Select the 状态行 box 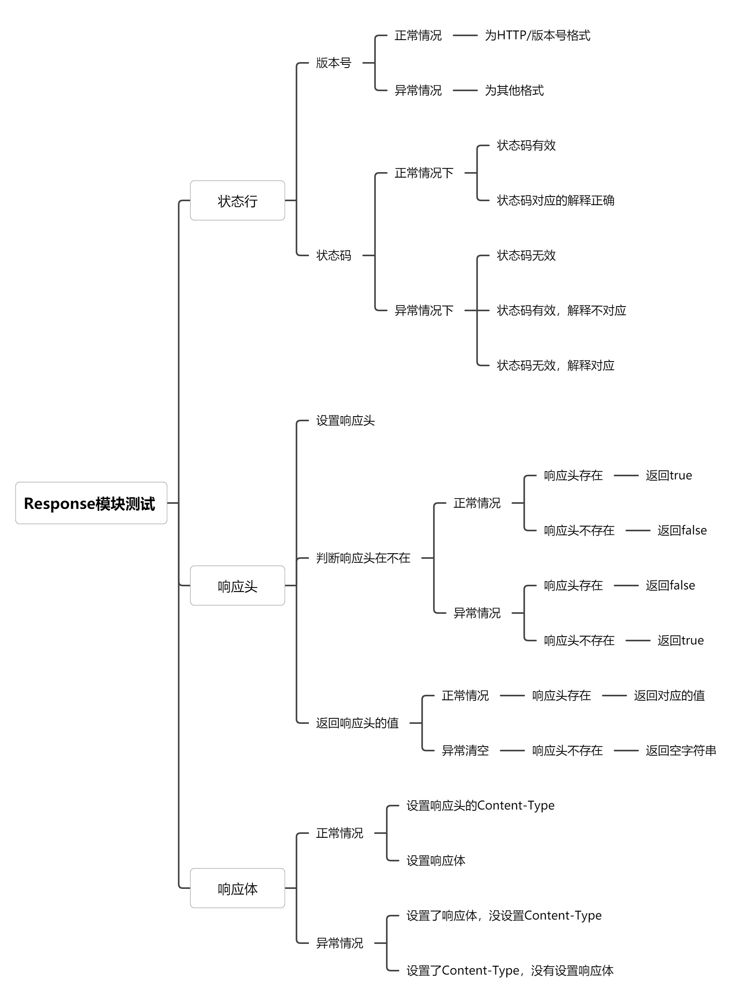(x=238, y=200)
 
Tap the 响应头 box (x=238, y=586)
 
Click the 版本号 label (x=333, y=62)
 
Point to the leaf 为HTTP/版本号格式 (x=537, y=35)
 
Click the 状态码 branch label (x=333, y=255)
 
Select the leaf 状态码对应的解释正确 (x=555, y=200)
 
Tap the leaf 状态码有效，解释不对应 (x=561, y=310)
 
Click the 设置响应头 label (x=345, y=420)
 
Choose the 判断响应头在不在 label (x=363, y=558)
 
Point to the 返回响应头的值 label (x=357, y=723)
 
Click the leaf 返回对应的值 (x=669, y=696)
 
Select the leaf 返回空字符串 (x=680, y=751)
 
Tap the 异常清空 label (x=465, y=751)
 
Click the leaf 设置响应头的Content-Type (x=480, y=806)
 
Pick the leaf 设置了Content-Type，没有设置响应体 (x=510, y=970)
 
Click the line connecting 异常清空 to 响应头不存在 (x=512, y=751)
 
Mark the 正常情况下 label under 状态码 (x=424, y=173)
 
